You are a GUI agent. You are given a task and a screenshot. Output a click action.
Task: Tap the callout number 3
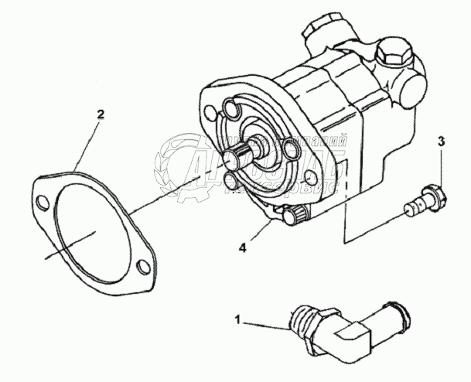[x=441, y=142]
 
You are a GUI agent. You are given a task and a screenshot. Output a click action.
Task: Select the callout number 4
[x=242, y=249]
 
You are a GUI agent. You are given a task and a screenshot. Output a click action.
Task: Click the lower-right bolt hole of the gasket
[x=141, y=267]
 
